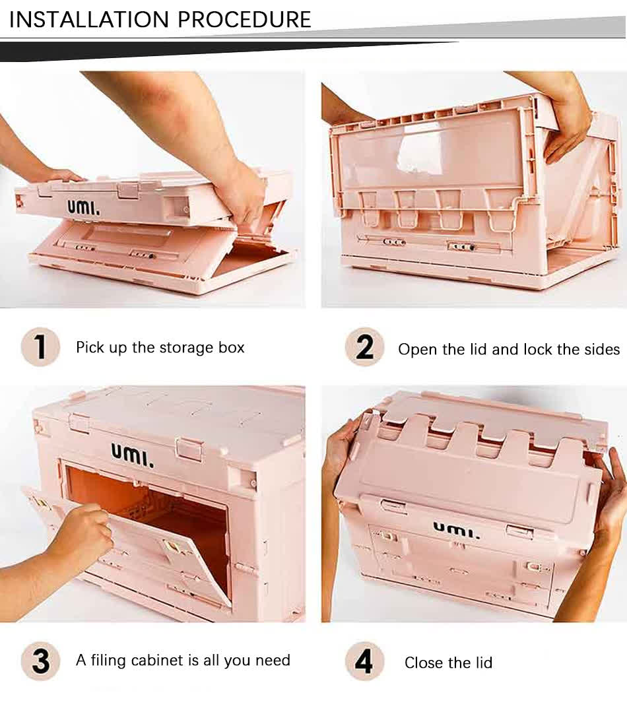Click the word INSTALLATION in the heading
(x=90, y=19)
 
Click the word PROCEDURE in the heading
(x=244, y=19)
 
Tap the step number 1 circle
(x=40, y=346)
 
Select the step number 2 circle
(x=365, y=346)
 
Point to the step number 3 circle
(x=40, y=661)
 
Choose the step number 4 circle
(x=365, y=661)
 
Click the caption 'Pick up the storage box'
(x=160, y=348)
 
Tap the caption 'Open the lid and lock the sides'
(x=509, y=349)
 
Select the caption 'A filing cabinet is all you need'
(x=183, y=661)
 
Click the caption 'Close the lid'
(x=448, y=663)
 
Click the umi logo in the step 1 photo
(x=84, y=207)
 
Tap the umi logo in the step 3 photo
(x=132, y=455)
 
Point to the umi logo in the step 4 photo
(x=457, y=531)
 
